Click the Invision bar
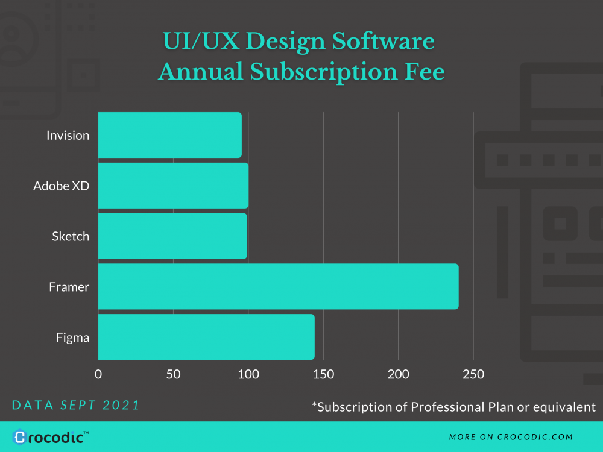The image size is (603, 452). pos(169,135)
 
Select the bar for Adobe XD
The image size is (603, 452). pos(173,186)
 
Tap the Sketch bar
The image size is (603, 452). pos(172,236)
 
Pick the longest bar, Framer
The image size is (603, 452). pos(278,287)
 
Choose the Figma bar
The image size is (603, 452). pos(206,337)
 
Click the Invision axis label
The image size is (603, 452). pos(68,136)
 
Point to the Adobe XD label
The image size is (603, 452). pos(61,186)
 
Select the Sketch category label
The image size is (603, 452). pos(71,237)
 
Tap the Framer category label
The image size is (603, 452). pos(69,287)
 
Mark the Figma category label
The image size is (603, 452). pos(72,338)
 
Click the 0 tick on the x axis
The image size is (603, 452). pos(98,374)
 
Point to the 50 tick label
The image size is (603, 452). pos(173,374)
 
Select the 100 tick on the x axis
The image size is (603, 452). pos(248,374)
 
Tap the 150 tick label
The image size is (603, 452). pos(323,374)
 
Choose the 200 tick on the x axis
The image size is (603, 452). pos(398,374)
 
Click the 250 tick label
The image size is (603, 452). pos(473,374)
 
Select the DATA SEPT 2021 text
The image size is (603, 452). pos(76,405)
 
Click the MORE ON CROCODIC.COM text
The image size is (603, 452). pos(511,437)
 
